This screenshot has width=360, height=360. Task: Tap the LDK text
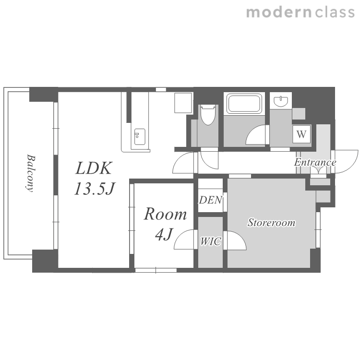(94, 168)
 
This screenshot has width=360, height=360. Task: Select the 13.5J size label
(95, 189)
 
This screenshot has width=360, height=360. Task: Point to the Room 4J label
(165, 224)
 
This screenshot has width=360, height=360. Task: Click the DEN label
(211, 200)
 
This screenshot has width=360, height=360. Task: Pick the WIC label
(211, 241)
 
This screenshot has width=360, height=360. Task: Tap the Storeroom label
(271, 223)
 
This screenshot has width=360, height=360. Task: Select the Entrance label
(315, 163)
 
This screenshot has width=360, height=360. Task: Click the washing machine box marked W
(301, 133)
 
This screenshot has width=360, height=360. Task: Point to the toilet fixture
(208, 115)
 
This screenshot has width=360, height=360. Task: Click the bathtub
(244, 104)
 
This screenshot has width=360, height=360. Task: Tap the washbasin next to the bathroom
(281, 101)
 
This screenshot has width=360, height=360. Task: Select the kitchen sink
(140, 137)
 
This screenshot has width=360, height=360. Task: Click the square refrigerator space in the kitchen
(183, 103)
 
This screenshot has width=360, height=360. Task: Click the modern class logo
(300, 12)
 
